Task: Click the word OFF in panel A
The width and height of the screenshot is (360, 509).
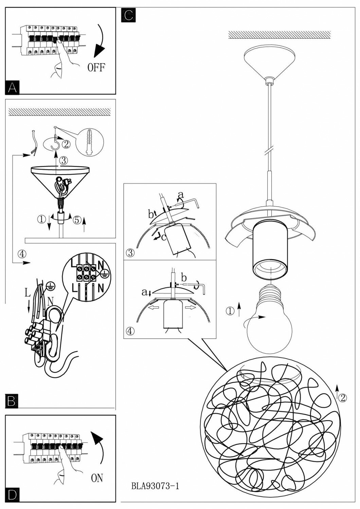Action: [x=96, y=67]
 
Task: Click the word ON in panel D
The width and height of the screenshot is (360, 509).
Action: [x=97, y=478]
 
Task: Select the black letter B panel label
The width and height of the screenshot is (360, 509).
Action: [x=12, y=401]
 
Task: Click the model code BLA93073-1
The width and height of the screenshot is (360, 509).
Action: [x=155, y=486]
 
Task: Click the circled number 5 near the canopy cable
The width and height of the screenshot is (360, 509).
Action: [x=77, y=220]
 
